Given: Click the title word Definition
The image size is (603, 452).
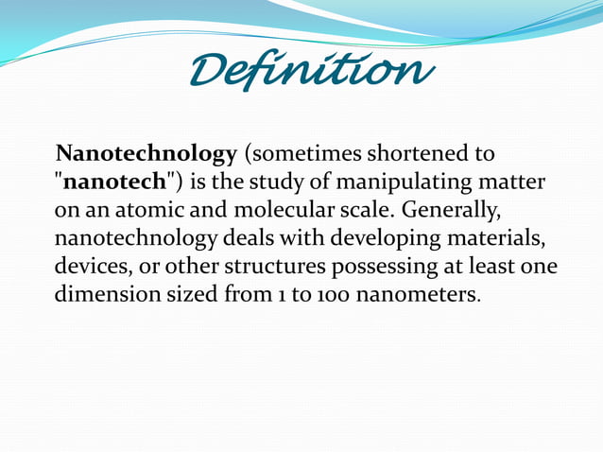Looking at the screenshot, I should click(x=312, y=69).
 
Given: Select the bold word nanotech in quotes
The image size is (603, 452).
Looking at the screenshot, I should click(x=119, y=182).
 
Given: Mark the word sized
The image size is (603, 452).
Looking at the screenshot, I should click(x=193, y=293).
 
